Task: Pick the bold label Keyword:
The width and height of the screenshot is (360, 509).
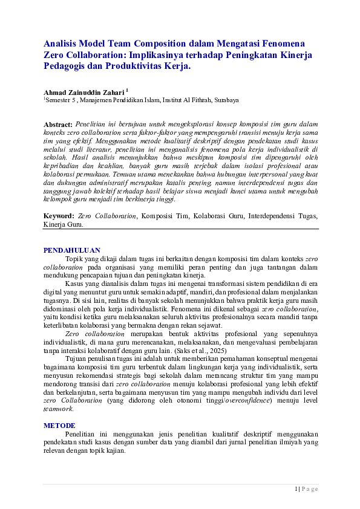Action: [59, 215]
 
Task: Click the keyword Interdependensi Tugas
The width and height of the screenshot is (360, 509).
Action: [286, 215]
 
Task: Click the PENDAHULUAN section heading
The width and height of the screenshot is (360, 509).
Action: [71, 250]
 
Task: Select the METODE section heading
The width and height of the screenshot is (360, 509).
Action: [59, 425]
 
